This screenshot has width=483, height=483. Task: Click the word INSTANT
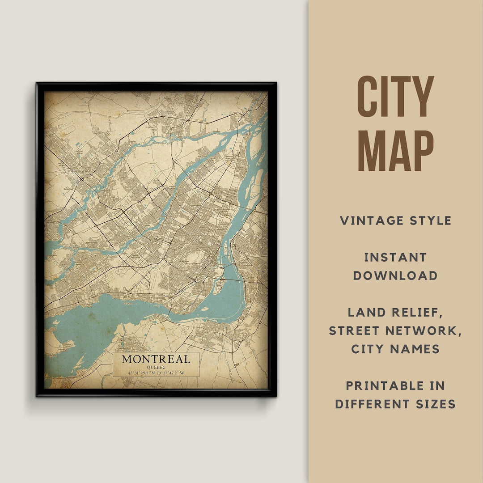pos(395,257)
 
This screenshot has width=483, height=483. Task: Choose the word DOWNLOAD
pos(395,275)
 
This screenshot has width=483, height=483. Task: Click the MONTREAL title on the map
pos(156,359)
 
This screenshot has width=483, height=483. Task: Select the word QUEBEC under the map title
pos(156,368)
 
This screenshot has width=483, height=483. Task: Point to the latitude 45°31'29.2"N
pos(141,373)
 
